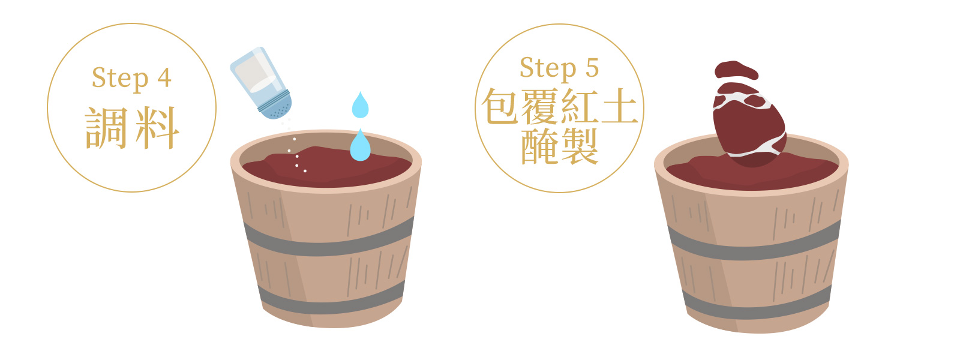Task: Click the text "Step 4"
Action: [131, 79]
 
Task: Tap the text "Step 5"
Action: [559, 68]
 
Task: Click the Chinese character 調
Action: [106, 128]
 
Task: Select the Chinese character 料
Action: [157, 128]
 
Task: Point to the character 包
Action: [500, 106]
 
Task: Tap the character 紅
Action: [579, 106]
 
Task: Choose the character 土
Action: [619, 106]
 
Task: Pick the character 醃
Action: [539, 146]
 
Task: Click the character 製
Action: [579, 146]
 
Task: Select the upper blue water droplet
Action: [360, 106]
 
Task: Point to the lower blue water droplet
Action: [360, 146]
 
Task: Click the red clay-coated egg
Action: [749, 122]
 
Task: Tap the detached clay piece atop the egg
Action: [736, 70]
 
